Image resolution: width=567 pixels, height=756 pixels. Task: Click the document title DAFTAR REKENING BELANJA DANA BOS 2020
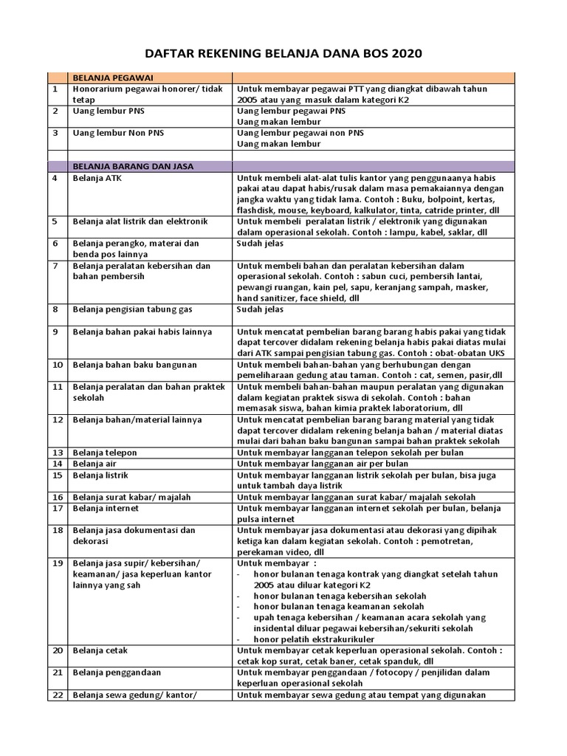283,54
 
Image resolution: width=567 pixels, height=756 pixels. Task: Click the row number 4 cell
55,178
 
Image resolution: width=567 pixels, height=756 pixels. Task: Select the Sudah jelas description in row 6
259,242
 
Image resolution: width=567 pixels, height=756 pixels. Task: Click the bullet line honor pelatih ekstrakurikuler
313,639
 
